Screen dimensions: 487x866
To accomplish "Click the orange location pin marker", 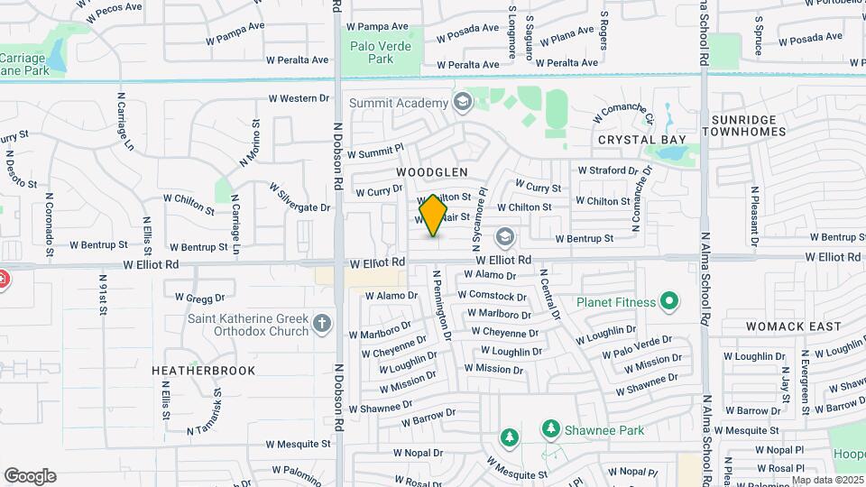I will click(x=434, y=216).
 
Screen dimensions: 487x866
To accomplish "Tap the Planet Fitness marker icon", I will click(x=669, y=300).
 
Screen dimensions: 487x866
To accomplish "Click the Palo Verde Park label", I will click(x=381, y=52).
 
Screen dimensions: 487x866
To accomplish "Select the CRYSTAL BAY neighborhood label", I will click(x=641, y=140).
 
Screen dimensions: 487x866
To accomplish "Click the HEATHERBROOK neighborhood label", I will click(x=204, y=371).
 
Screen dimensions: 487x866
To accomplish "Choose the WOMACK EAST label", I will click(x=794, y=326).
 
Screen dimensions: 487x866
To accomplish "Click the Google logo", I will click(x=30, y=476).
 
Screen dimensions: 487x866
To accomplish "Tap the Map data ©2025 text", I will click(x=826, y=480).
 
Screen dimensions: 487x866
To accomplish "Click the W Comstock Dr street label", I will click(x=492, y=295).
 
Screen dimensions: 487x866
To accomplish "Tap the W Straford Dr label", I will click(x=614, y=170).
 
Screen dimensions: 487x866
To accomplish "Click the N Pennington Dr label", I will click(x=442, y=306).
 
